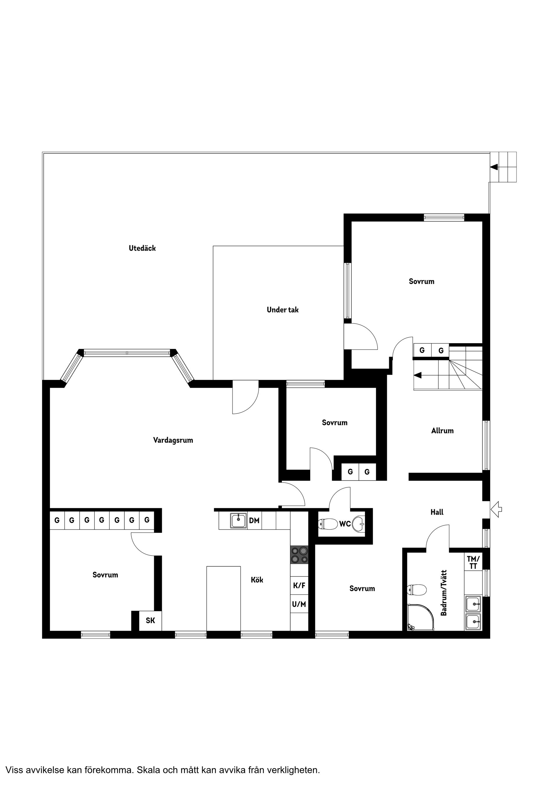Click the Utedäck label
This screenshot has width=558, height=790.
(x=142, y=248)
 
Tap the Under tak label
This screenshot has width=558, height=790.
(x=282, y=310)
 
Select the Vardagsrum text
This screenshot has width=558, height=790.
(x=173, y=440)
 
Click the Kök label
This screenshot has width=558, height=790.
(x=257, y=580)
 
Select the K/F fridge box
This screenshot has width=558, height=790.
(x=299, y=585)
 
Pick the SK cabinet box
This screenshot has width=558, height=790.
(x=150, y=620)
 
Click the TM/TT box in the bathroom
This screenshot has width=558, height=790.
(x=473, y=562)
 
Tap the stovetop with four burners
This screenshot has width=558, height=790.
(x=299, y=555)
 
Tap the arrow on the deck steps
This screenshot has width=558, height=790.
(x=494, y=167)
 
